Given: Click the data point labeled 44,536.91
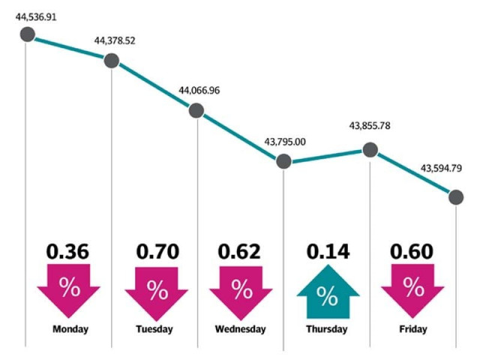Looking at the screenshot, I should point(27,34).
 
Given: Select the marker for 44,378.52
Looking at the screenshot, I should point(111,61).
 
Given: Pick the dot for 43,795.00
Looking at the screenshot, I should point(283,161).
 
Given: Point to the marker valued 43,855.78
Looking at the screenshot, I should point(369,149).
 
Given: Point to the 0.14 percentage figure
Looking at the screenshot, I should point(327,251).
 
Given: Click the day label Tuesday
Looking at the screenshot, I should point(154,329).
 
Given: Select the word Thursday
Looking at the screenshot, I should point(327,329).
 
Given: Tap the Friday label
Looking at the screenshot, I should point(413,329).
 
